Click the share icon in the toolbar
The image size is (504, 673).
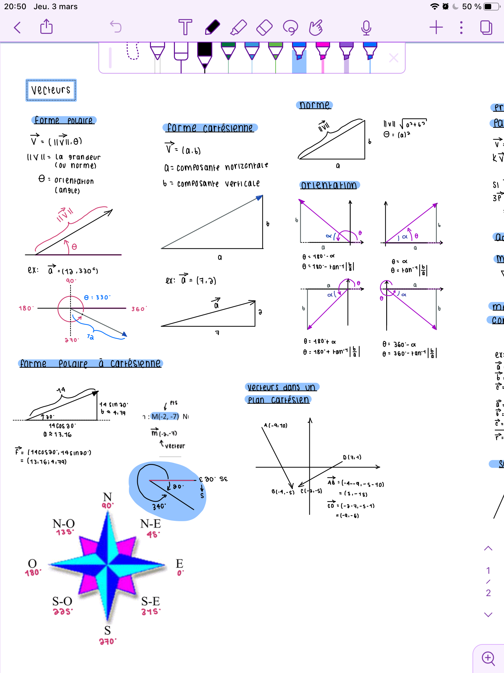click(x=46, y=27)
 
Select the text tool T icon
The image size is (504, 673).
click(x=185, y=27)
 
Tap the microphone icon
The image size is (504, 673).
click(x=366, y=28)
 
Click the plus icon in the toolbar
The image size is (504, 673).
click(x=436, y=27)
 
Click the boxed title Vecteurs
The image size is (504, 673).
click(x=51, y=90)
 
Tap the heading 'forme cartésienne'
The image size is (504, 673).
click(x=210, y=128)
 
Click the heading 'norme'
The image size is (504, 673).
click(x=314, y=105)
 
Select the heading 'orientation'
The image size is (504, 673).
click(x=329, y=185)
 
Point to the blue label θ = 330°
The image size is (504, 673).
click(x=97, y=297)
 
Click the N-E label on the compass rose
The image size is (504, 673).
click(x=151, y=524)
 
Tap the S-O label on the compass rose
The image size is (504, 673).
click(x=62, y=601)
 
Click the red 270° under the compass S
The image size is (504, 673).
click(x=108, y=641)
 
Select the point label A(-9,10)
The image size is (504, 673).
click(x=276, y=426)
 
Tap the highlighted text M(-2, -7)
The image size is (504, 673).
click(x=165, y=417)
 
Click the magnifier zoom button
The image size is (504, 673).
click(x=488, y=658)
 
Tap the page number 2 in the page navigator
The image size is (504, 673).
click(x=488, y=593)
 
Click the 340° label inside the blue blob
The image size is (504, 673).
click(x=159, y=506)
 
